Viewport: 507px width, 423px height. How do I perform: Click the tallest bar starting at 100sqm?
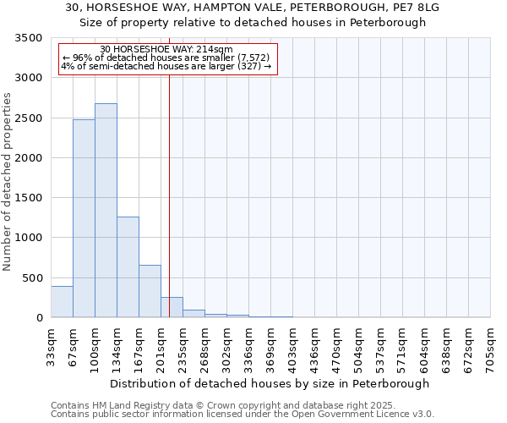[106, 211]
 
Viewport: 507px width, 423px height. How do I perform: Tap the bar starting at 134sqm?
[128, 266]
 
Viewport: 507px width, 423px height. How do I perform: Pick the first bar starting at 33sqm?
[62, 302]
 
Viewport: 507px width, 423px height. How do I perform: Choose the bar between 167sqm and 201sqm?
[150, 291]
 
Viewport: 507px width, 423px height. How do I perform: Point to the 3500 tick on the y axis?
[30, 39]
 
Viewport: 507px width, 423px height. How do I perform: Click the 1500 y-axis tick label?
[30, 198]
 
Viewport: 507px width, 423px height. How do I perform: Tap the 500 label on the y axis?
[34, 278]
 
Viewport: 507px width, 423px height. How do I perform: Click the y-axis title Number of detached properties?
[8, 182]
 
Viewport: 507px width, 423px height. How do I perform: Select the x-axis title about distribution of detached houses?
[270, 383]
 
